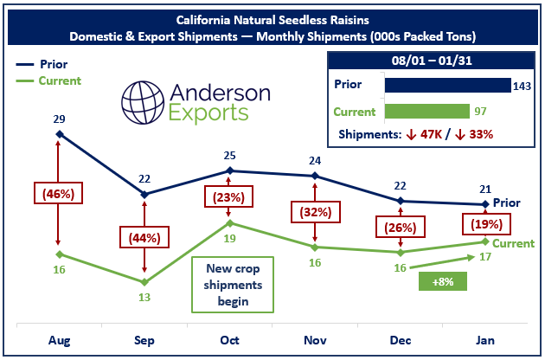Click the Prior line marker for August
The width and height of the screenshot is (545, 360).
click(59, 134)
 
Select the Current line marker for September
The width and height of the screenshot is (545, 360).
click(144, 282)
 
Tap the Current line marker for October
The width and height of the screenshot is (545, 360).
click(229, 223)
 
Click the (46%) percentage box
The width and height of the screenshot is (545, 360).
click(59, 193)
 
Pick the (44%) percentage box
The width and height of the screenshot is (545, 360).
click(144, 236)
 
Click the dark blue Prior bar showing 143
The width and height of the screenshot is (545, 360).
click(447, 85)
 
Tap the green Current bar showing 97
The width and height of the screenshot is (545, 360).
click(427, 112)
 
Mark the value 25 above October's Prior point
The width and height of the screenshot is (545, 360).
click(229, 156)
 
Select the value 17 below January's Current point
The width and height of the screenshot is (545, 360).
click(486, 257)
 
